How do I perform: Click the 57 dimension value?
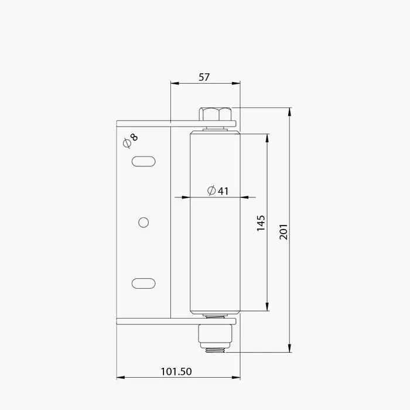click(x=204, y=77)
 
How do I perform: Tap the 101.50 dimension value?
click(x=176, y=371)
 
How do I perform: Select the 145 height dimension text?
click(x=261, y=223)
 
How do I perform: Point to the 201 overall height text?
click(x=283, y=232)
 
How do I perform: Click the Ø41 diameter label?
click(x=218, y=190)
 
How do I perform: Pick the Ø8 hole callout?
click(x=130, y=141)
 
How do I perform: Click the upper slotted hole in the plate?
click(x=143, y=161)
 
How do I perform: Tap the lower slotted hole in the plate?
click(x=143, y=283)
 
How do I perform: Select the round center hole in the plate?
click(x=143, y=222)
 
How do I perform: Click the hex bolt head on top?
click(x=215, y=114)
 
